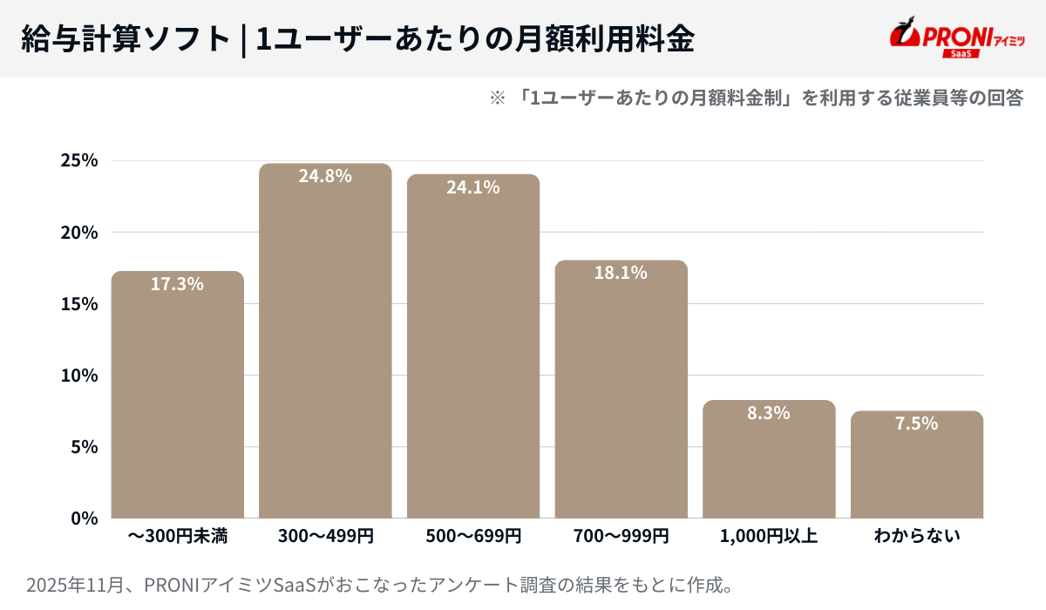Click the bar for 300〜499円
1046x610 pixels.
[x=325, y=341]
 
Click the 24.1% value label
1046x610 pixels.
[x=473, y=186]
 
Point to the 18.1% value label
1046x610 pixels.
[x=621, y=273]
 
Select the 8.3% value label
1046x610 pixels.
[x=769, y=413]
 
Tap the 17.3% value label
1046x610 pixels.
[x=177, y=284]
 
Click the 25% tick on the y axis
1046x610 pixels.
[x=79, y=161]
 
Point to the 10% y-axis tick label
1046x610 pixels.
[x=79, y=376]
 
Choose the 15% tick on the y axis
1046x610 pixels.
[x=79, y=304]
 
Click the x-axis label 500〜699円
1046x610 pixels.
[x=473, y=536]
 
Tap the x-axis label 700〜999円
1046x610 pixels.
[x=621, y=536]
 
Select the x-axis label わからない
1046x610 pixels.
[x=917, y=536]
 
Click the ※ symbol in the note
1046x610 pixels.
[x=498, y=98]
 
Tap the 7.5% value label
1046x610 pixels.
[x=917, y=424]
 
